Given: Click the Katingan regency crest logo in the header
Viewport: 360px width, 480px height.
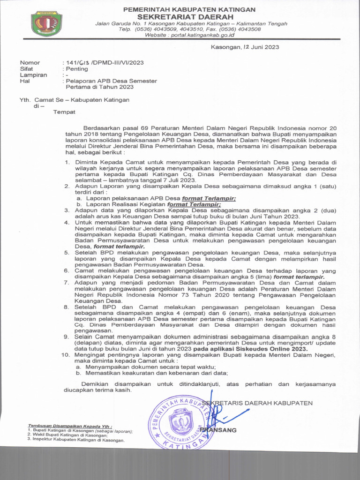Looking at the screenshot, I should [x=46, y=23].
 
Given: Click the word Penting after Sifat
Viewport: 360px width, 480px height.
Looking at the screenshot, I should [x=77, y=68].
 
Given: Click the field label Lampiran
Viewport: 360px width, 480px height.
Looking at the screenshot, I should [x=33, y=75].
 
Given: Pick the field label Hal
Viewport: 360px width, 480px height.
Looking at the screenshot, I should [x=24, y=81].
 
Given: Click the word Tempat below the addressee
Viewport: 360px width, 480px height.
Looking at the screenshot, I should [x=64, y=112].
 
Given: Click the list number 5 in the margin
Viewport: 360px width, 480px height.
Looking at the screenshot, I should [x=67, y=253].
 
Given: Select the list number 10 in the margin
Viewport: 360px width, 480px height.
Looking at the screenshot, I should [x=65, y=355].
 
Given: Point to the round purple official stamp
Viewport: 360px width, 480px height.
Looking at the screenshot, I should [x=181, y=423].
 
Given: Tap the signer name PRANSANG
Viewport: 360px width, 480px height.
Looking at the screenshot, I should [x=218, y=430].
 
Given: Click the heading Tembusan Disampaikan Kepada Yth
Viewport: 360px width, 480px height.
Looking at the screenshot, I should [x=70, y=426].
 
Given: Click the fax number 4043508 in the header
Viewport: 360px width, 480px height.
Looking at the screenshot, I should [x=248, y=29].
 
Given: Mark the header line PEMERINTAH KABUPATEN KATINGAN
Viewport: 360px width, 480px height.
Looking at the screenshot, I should [x=189, y=9].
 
